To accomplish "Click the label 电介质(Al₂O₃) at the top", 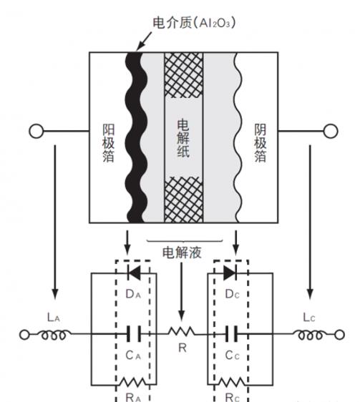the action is coord(194,23).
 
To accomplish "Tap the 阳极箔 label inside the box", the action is coord(108,143).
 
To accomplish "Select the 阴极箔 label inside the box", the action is coord(261,143).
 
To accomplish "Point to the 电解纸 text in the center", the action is coord(183,138).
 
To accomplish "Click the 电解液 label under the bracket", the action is coord(182,253).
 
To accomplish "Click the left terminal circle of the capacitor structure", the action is coord(37,131).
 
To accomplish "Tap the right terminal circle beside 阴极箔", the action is coord(331,131).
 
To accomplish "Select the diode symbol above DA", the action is coord(134,273).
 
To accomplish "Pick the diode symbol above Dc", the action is coord(230,273).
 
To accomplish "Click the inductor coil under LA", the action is coord(54,335).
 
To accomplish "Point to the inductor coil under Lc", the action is coord(310,335).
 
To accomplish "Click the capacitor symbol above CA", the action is coord(134,334).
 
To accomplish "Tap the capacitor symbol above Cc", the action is coord(231,334).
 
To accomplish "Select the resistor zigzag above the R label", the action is coord(182,331).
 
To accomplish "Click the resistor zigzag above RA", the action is coord(134,382).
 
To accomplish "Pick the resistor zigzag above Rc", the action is coord(231,382).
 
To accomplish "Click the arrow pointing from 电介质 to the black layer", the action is coord(144,41).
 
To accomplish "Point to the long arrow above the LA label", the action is coord(54,222).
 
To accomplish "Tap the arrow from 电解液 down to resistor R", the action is coord(181,292).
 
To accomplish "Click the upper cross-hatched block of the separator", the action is coord(184,75).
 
